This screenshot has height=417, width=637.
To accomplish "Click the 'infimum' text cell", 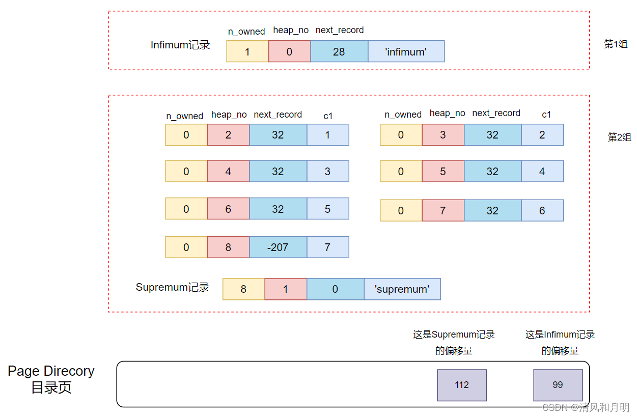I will [406, 51].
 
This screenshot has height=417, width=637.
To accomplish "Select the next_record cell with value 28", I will [339, 51].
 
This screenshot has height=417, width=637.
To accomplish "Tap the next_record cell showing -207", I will [278, 247].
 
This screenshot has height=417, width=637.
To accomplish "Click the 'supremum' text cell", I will [402, 289].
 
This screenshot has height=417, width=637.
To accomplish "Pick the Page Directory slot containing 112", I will [461, 385].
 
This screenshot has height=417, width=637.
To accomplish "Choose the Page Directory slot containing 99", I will [558, 385].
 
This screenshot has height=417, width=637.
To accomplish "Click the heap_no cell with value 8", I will [228, 247].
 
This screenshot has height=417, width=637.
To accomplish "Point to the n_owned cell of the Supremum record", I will [243, 289].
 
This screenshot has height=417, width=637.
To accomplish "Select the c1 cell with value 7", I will [327, 247].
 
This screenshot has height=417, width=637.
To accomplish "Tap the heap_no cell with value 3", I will [442, 135].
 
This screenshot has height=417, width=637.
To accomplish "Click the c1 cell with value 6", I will [542, 210].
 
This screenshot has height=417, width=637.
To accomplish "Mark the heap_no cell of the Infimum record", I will [289, 51].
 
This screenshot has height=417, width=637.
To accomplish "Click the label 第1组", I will [615, 44].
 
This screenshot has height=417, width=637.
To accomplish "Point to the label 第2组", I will [619, 137].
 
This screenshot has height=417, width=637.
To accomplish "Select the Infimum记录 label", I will [180, 45].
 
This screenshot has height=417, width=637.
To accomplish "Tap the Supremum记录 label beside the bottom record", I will [173, 287].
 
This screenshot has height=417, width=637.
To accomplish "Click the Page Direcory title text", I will [51, 371].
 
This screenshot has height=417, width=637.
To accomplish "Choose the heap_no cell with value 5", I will [442, 172].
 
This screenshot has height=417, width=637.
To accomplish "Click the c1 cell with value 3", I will [327, 172].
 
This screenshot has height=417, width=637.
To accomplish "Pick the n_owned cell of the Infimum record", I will [247, 51].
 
